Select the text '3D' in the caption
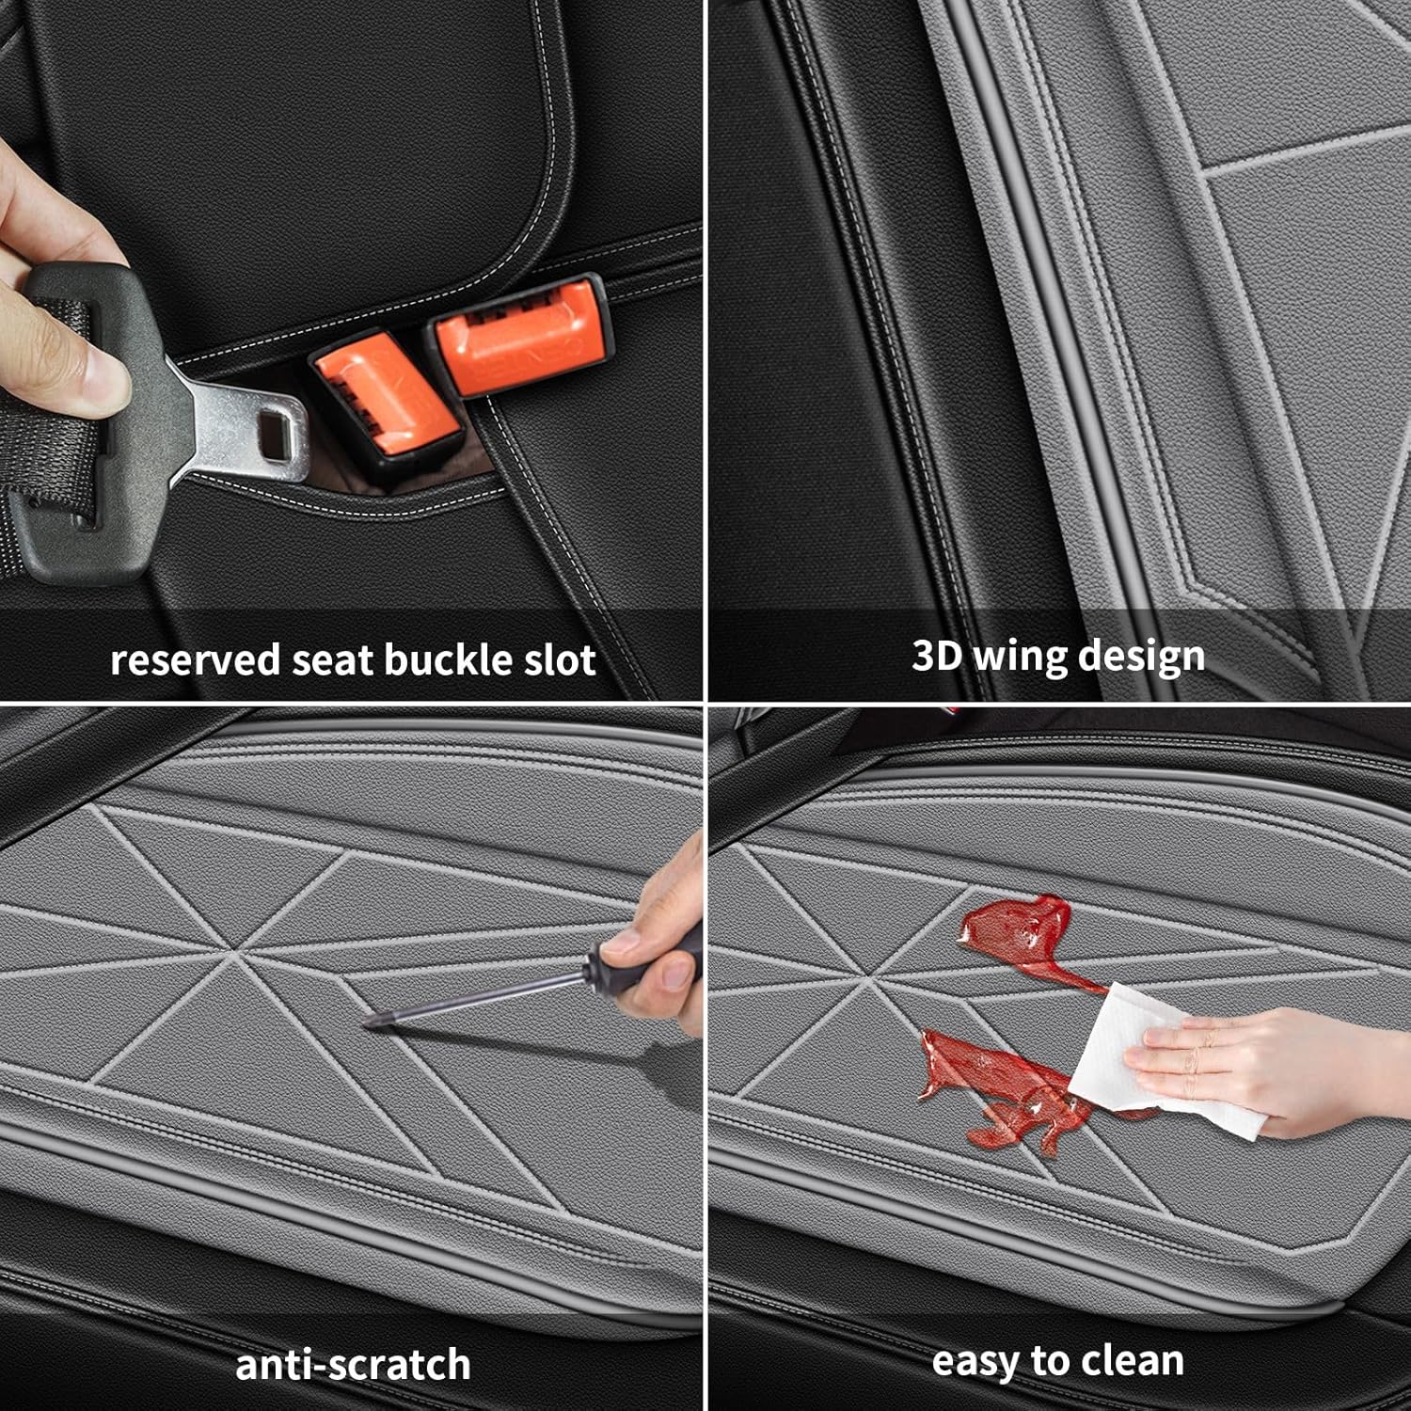[936, 656]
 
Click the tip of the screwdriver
[370, 1023]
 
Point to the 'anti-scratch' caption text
[353, 1365]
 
